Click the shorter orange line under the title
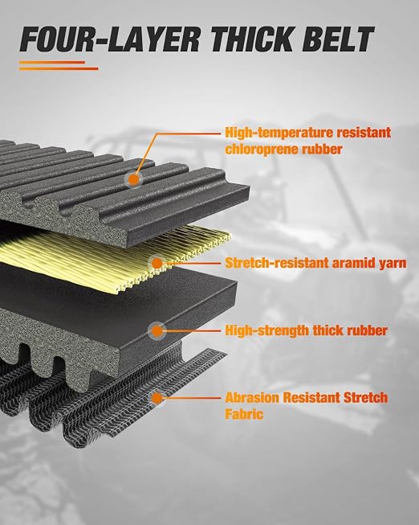(52, 62)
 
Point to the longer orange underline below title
(59, 68)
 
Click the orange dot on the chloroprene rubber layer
(134, 179)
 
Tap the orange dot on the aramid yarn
(157, 263)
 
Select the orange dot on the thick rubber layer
(157, 330)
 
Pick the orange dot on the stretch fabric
(157, 398)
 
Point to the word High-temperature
(279, 133)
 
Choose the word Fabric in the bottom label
(244, 414)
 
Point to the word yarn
(393, 264)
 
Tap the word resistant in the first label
(364, 133)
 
